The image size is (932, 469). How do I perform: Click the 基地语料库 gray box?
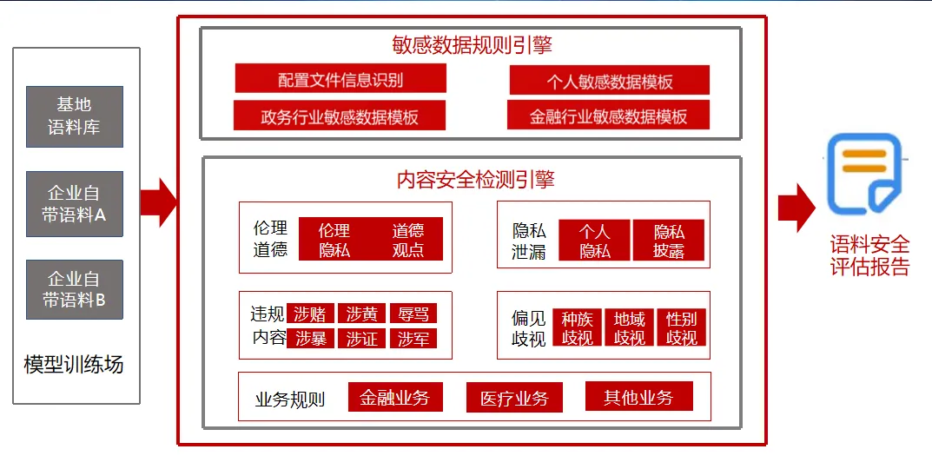pyautogui.click(x=74, y=116)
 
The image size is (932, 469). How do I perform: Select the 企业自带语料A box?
pyautogui.click(x=74, y=203)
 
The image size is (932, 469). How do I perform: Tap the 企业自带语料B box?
pyautogui.click(x=74, y=290)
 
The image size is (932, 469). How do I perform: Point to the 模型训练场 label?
pyautogui.click(x=74, y=364)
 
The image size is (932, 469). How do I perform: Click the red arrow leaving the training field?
pyautogui.click(x=157, y=203)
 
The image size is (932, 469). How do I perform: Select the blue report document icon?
pyautogui.click(x=864, y=174)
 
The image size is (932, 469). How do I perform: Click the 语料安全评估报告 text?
pyautogui.click(x=869, y=255)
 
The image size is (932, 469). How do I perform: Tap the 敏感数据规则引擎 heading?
pyautogui.click(x=472, y=44)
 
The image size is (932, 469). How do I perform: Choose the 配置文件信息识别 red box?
pyautogui.click(x=340, y=80)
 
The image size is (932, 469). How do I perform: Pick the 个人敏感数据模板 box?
pyautogui.click(x=610, y=82)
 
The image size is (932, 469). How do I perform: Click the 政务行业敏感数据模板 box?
pyautogui.click(x=340, y=116)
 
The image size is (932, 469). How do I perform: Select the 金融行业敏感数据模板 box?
pyautogui.click(x=609, y=116)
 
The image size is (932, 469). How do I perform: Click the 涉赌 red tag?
pyautogui.click(x=310, y=314)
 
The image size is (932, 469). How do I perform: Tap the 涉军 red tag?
pyautogui.click(x=413, y=338)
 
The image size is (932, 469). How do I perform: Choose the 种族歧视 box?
pyautogui.click(x=578, y=327)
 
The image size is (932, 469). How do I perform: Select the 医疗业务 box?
pyautogui.click(x=514, y=399)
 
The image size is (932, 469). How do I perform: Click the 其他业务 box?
pyautogui.click(x=638, y=397)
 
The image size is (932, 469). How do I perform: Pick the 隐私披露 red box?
pyautogui.click(x=669, y=241)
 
